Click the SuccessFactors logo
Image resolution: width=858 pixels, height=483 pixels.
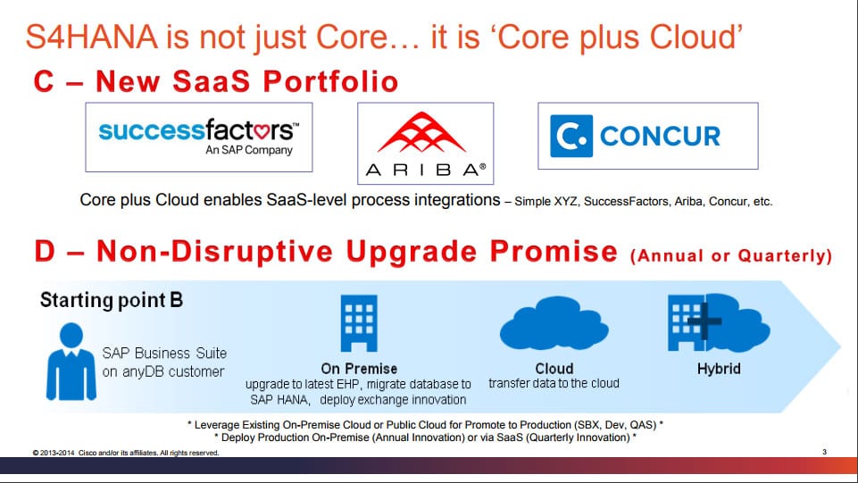point(198,137)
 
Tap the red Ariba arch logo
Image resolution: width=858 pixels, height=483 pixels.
point(422,132)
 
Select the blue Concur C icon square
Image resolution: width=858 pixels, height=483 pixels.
point(571,137)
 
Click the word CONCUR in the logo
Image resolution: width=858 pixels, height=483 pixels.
point(660,137)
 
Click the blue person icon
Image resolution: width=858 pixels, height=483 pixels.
point(71,361)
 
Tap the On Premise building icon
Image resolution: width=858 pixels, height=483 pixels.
point(359,323)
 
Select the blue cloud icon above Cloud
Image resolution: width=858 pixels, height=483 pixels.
point(554,323)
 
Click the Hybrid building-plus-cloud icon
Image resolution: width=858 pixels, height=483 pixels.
point(719,322)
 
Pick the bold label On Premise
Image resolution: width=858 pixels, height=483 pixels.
point(359,369)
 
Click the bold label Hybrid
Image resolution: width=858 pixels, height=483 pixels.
point(719,369)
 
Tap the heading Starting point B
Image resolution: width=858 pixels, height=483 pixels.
point(112,300)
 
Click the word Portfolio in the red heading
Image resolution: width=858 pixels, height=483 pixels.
point(330,82)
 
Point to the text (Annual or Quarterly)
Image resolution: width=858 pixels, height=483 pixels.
point(731,255)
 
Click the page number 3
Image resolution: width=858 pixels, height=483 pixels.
point(824,452)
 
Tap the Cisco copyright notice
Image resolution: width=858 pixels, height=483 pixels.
point(126,453)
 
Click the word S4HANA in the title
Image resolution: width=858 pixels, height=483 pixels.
point(92,37)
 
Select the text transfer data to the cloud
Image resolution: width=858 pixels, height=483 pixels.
point(554,383)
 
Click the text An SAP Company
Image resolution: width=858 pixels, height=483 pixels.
point(249,150)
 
